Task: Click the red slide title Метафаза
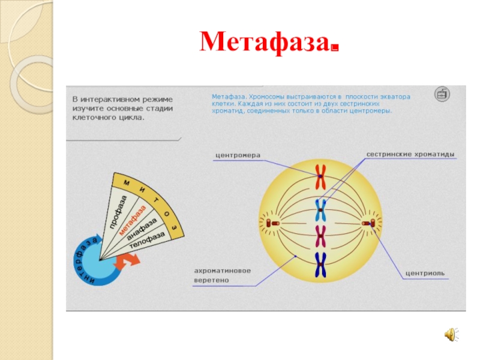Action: click(x=268, y=42)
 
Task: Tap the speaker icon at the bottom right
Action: click(x=449, y=335)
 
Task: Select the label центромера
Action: click(x=238, y=155)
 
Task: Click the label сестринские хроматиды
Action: click(x=410, y=155)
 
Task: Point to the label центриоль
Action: click(x=425, y=274)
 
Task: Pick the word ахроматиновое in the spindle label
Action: click(x=222, y=271)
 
